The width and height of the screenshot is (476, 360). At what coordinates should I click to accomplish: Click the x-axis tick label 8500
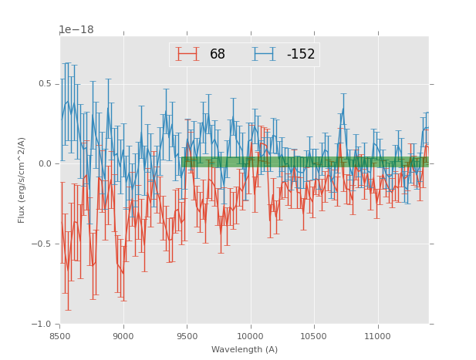pyautogui.click(x=59, y=336)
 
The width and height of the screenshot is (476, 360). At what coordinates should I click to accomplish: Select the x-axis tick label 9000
pyautogui.click(x=123, y=336)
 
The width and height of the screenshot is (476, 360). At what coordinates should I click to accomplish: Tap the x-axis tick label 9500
pyautogui.click(x=187, y=336)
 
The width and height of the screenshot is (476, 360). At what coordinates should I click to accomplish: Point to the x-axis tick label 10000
pyautogui.click(x=251, y=336)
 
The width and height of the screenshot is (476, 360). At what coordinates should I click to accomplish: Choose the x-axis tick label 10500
pyautogui.click(x=314, y=336)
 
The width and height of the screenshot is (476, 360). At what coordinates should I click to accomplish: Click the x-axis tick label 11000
pyautogui.click(x=377, y=336)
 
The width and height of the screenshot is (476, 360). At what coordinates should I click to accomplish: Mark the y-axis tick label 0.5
pyautogui.click(x=46, y=83)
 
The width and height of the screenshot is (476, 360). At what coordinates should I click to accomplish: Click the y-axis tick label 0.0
pyautogui.click(x=46, y=163)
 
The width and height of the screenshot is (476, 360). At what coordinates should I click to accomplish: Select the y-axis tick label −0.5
pyautogui.click(x=43, y=244)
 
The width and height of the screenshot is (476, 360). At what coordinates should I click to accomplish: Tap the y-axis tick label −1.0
pyautogui.click(x=43, y=324)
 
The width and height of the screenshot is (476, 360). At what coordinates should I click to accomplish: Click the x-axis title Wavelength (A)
pyautogui.click(x=245, y=349)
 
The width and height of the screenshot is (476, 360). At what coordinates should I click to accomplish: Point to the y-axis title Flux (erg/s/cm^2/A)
pyautogui.click(x=22, y=180)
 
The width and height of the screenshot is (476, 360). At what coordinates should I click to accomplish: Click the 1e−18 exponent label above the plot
pyautogui.click(x=76, y=30)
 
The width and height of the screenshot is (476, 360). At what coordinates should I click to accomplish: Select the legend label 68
pyautogui.click(x=218, y=55)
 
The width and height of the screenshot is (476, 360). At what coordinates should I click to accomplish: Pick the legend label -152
pyautogui.click(x=300, y=55)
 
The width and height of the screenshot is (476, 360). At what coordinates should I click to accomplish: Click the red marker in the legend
pyautogui.click(x=187, y=55)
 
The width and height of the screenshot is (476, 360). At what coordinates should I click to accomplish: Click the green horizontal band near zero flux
pyautogui.click(x=305, y=162)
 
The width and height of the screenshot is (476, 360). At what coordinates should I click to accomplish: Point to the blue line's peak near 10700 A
pyautogui.click(x=343, y=109)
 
